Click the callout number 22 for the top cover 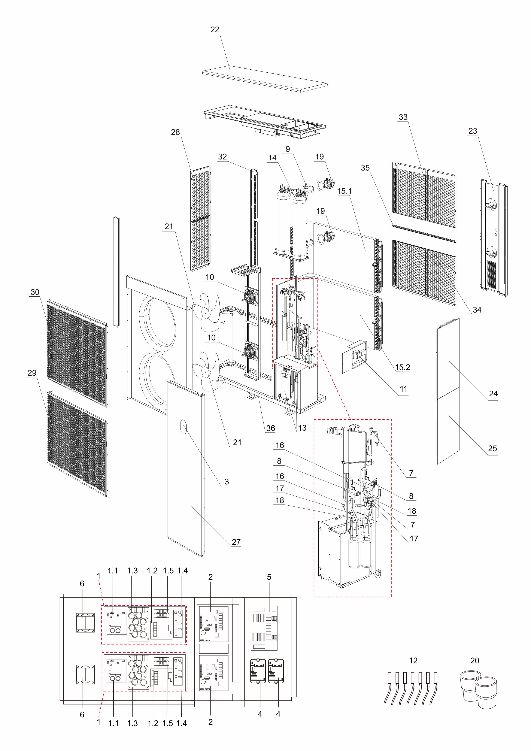(215, 29)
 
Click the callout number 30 (35, 292)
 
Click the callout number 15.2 (402, 367)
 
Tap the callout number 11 (403, 389)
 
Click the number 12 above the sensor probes (413, 660)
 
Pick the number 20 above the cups (474, 660)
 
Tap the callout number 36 (270, 428)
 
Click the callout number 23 (473, 131)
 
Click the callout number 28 (175, 132)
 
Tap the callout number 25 (492, 448)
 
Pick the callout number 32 (222, 157)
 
